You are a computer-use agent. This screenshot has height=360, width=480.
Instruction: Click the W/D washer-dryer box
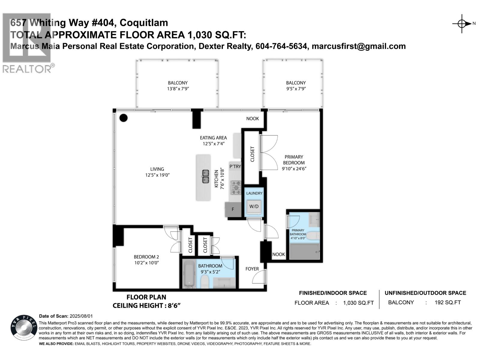pyautogui.click(x=254, y=206)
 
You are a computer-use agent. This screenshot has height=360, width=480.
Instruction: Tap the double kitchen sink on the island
pyautogui.click(x=205, y=176)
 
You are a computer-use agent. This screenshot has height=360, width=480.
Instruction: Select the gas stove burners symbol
pyautogui.click(x=236, y=187)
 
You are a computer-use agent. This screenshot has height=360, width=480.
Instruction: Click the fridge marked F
pyautogui.click(x=233, y=209)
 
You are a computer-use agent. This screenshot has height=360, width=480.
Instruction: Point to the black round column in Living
pyautogui.click(x=124, y=118)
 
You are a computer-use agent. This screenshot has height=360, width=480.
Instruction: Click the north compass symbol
pyautogui.click(x=462, y=23)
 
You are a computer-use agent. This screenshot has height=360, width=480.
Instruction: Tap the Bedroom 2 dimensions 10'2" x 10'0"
pyautogui.click(x=146, y=263)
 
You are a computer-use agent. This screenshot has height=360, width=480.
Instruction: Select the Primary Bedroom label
pyautogui.click(x=294, y=160)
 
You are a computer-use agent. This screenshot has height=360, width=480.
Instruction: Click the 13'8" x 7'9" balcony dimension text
pyautogui.click(x=178, y=89)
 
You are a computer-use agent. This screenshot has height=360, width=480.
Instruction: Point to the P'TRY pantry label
pyautogui.click(x=235, y=166)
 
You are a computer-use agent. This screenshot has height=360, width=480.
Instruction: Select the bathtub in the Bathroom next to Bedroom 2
pyautogui.click(x=189, y=274)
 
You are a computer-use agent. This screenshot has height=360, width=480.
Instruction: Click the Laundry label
pyautogui.click(x=254, y=193)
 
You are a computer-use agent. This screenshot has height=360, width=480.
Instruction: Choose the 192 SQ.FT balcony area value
pyautogui.click(x=448, y=302)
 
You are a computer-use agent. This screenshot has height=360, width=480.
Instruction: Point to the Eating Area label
pyautogui.click(x=213, y=138)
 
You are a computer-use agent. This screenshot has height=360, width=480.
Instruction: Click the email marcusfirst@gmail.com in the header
pyautogui.click(x=359, y=46)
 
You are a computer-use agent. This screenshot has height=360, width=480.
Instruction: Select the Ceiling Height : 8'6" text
pyautogui.click(x=146, y=306)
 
